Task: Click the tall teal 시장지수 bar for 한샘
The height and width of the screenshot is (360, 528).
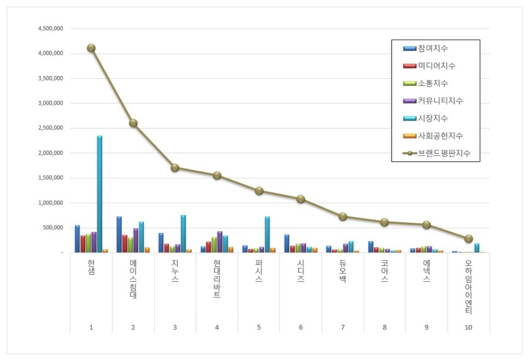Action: pyautogui.click(x=100, y=194)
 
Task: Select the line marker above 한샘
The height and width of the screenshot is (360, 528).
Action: pyautogui.click(x=91, y=48)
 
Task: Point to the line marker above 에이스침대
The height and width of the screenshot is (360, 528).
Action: pyautogui.click(x=133, y=123)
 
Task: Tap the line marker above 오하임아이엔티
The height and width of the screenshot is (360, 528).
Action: pyautogui.click(x=469, y=239)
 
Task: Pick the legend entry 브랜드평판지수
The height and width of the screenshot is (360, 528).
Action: pyautogui.click(x=443, y=154)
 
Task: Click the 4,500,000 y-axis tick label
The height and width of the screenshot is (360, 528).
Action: pyautogui.click(x=50, y=29)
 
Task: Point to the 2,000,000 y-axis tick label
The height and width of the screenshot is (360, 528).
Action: pyautogui.click(x=50, y=153)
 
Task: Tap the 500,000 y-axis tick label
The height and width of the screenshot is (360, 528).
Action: pyautogui.click(x=53, y=228)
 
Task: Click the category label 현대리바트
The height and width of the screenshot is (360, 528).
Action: pyautogui.click(x=217, y=279)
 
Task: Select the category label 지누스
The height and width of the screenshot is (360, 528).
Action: pyautogui.click(x=175, y=272)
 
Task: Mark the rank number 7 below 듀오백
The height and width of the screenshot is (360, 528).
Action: pyautogui.click(x=343, y=328)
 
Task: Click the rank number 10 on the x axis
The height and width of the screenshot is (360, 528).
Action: pyautogui.click(x=468, y=328)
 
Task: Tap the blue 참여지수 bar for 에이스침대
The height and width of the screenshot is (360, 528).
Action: pyautogui.click(x=119, y=234)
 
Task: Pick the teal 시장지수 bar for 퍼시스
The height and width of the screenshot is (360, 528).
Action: pyautogui.click(x=267, y=234)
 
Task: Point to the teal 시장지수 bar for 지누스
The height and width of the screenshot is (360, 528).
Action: pyautogui.click(x=183, y=233)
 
